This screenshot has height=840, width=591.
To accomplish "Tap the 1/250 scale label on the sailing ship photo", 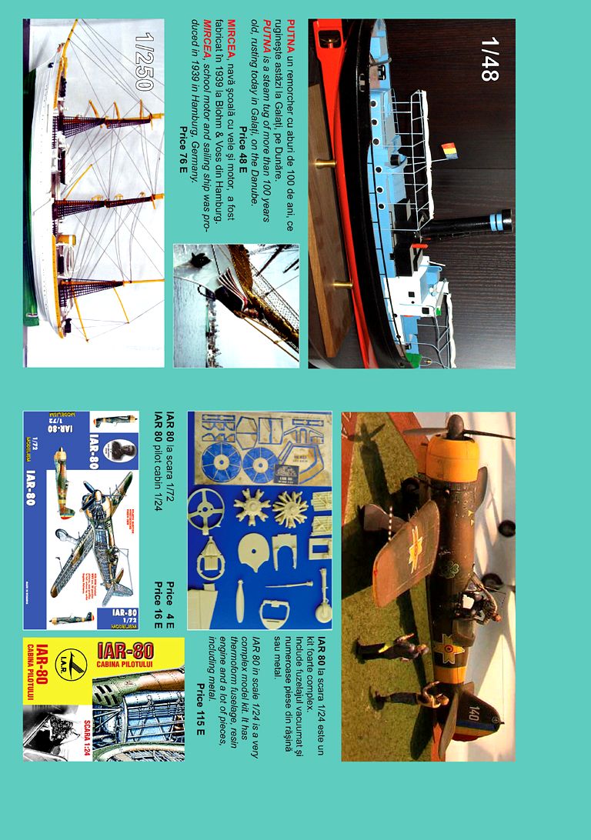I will coord(142,61).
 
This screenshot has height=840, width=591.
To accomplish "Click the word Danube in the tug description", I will coord(255,189).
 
